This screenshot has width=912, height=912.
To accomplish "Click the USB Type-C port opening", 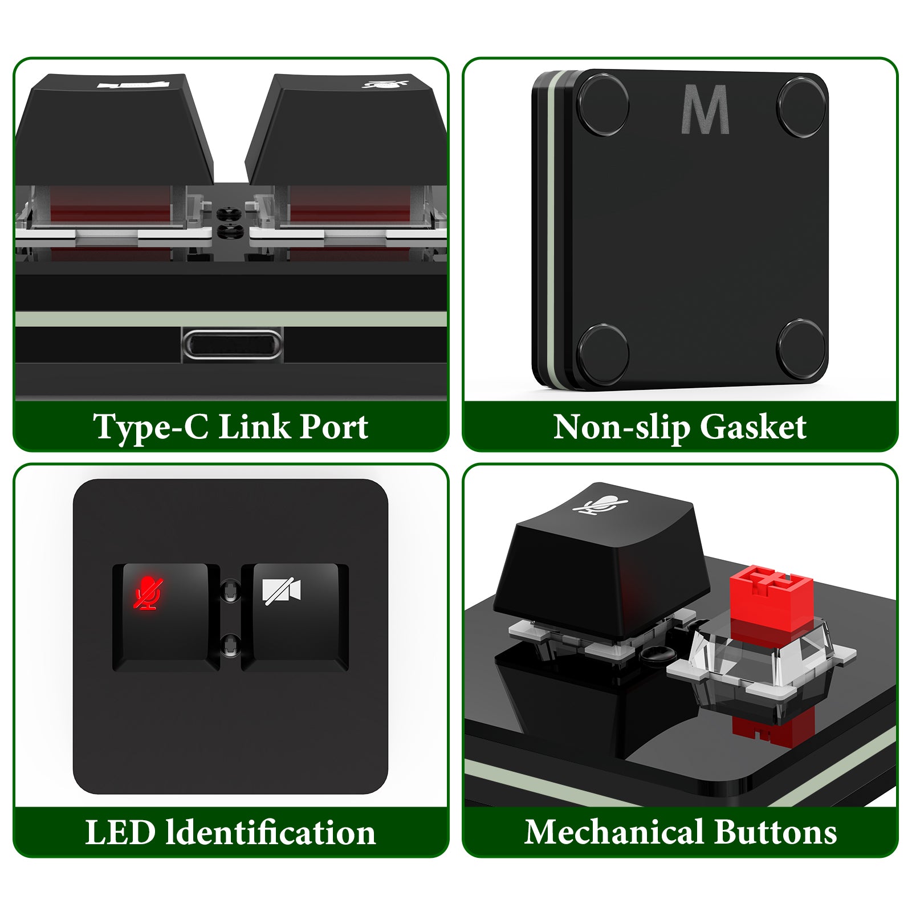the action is pos(232,345).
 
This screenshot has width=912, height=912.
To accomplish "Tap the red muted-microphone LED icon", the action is pos(148,593).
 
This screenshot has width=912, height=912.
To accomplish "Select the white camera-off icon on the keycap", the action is pos(281,591).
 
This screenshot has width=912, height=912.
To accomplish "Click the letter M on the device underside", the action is pos(705,109).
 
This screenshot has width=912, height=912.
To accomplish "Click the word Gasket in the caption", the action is pos(753,427).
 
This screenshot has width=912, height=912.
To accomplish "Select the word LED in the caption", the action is pos(120,832).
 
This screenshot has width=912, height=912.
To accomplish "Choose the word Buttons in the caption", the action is pos(775,832).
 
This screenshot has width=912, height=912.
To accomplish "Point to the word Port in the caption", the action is pos(334,427).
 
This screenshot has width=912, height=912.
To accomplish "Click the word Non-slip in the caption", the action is pos(622,427).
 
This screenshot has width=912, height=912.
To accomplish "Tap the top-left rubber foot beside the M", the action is pos(603,105).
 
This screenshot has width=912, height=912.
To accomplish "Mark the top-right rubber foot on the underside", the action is pos(801,100).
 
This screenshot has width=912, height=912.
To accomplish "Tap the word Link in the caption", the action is pos(254,427).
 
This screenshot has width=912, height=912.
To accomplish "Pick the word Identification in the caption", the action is pos(270,832).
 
